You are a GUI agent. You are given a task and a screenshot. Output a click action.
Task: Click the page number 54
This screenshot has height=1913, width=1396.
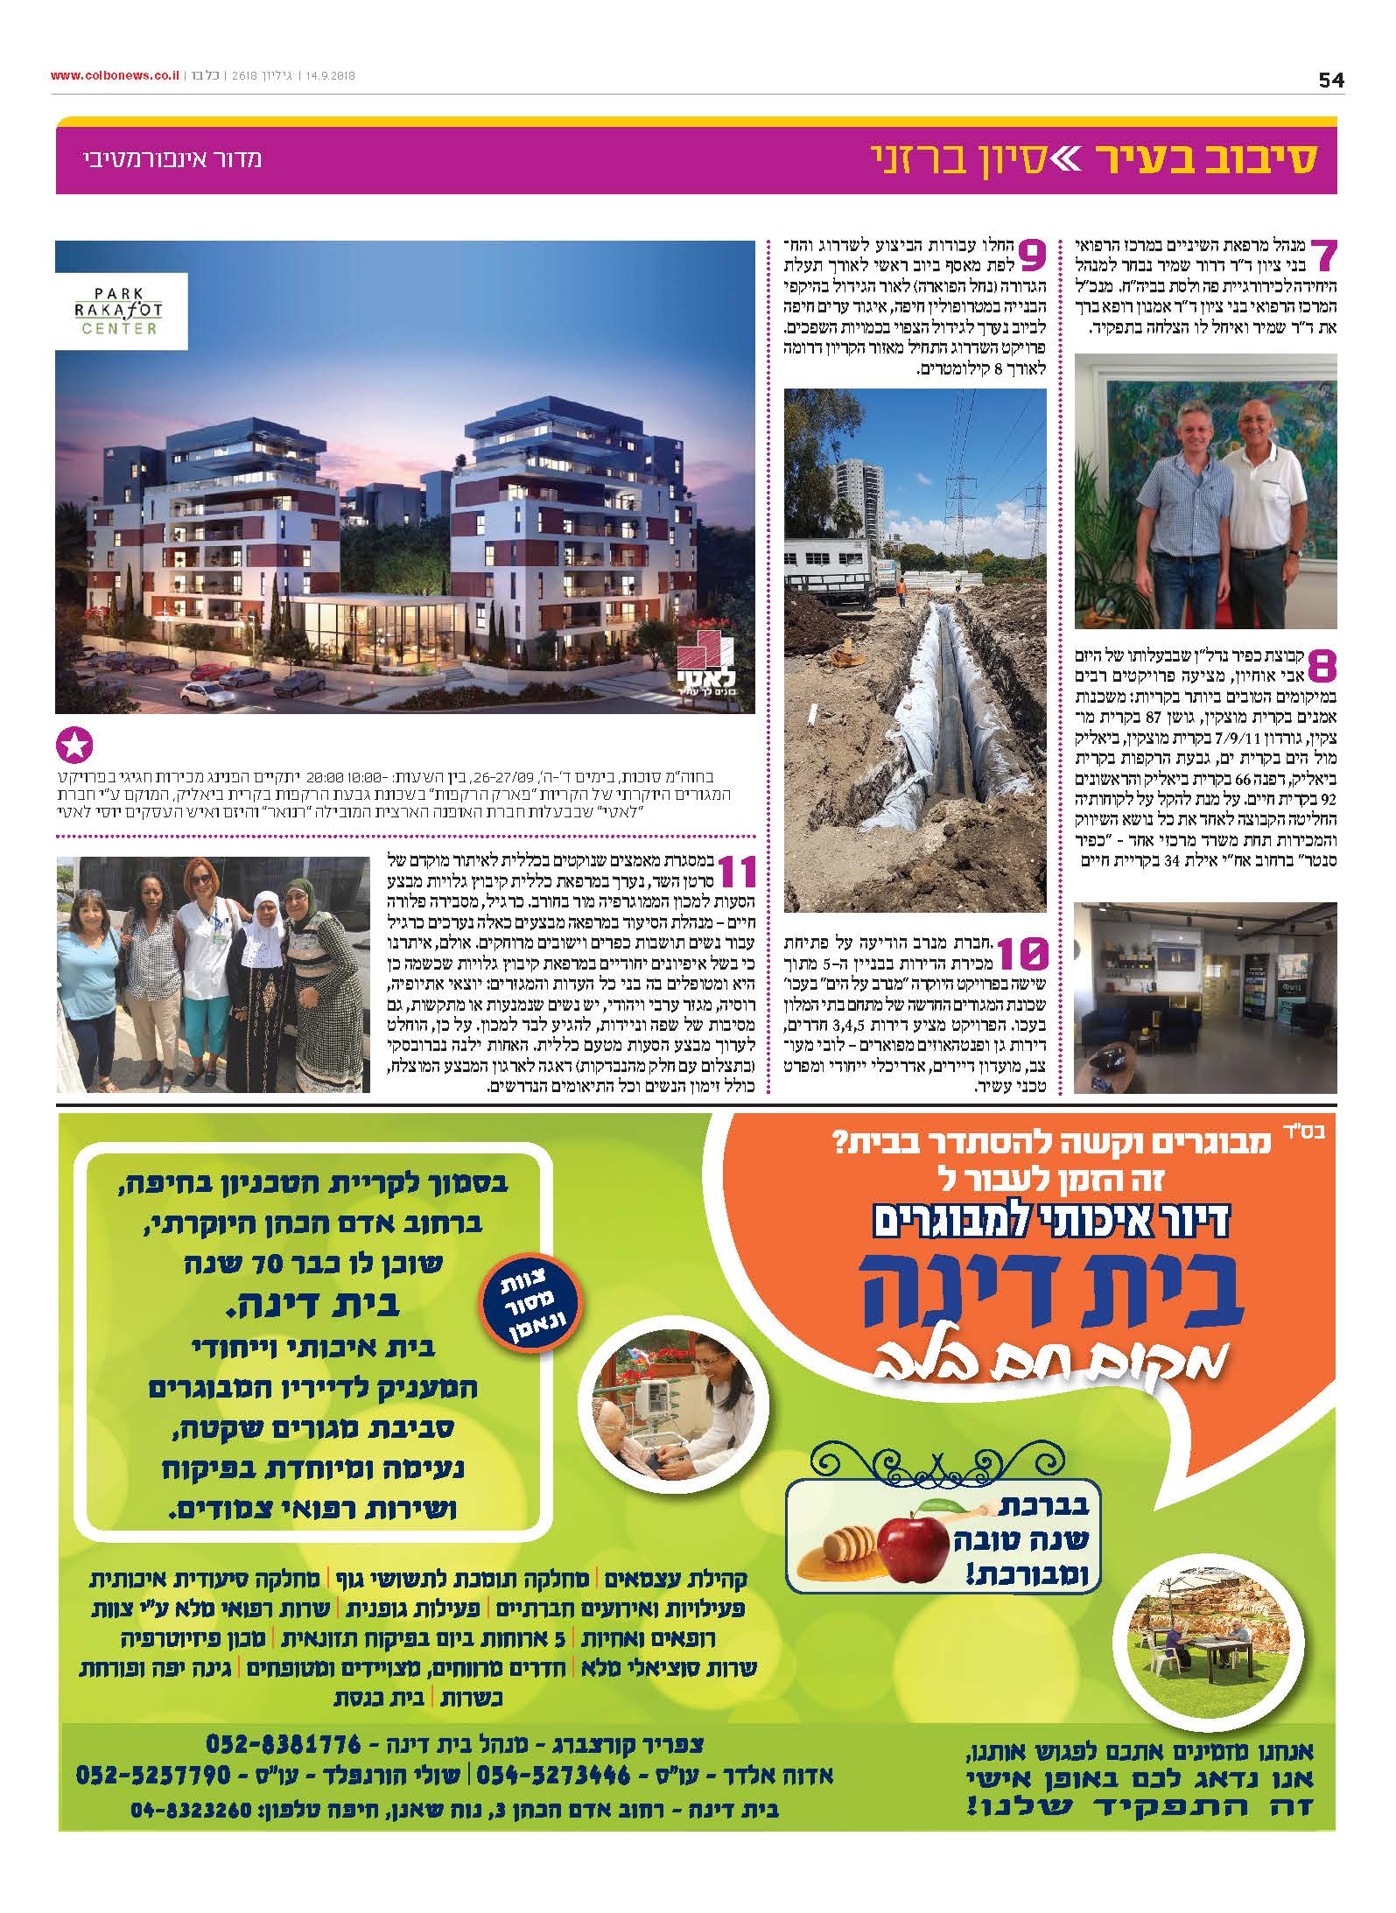[1330, 80]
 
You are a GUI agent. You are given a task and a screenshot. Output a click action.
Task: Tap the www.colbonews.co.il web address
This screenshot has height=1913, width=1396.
[114, 75]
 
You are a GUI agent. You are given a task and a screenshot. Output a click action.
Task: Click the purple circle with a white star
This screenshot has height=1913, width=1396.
[74, 747]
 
